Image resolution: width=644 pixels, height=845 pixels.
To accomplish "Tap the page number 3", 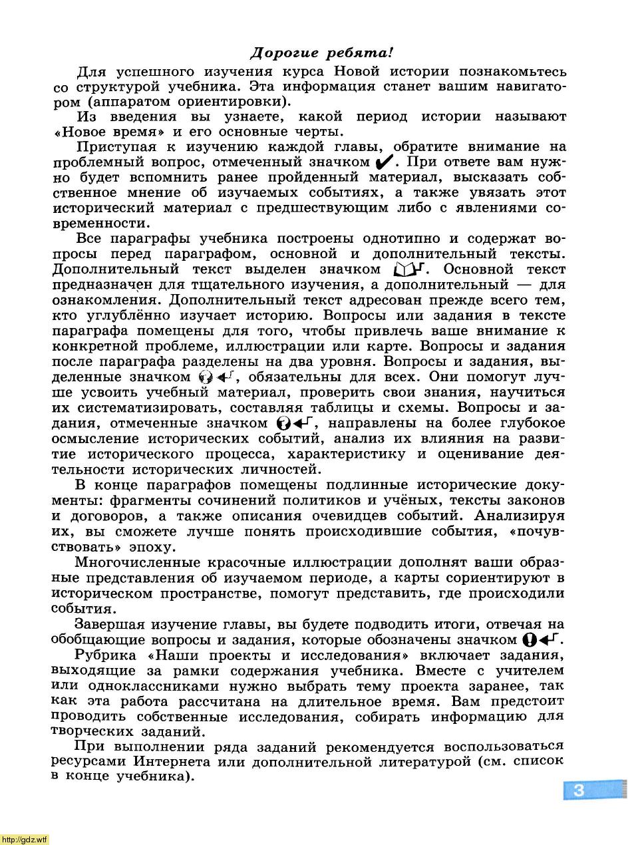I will click(578, 790).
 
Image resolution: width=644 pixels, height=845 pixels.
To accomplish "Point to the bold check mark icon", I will click(385, 162).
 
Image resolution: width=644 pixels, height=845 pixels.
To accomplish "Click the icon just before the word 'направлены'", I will click(295, 423).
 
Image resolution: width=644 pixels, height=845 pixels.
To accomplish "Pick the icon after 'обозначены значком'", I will click(542, 640).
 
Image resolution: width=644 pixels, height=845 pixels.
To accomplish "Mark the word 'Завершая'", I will click(110, 624).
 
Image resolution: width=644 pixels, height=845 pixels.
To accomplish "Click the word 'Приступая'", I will click(116, 147).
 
